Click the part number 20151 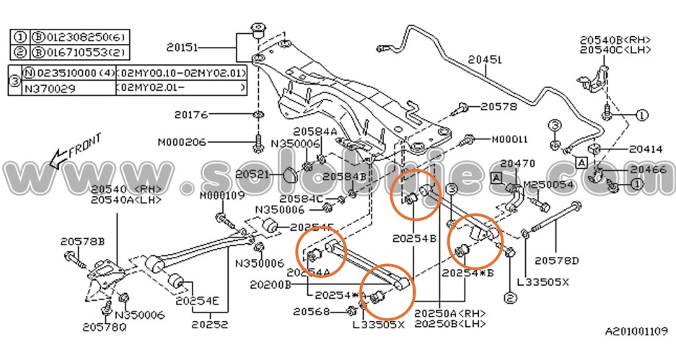pyautogui.click(x=182, y=48)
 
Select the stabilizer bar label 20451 pyautogui.click(x=484, y=60)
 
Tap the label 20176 pyautogui.click(x=190, y=114)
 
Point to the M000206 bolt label pyautogui.click(x=182, y=141)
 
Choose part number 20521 pyautogui.click(x=252, y=175)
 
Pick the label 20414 pyautogui.click(x=645, y=150)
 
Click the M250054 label pyautogui.click(x=547, y=185)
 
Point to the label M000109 pyautogui.click(x=222, y=196)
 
